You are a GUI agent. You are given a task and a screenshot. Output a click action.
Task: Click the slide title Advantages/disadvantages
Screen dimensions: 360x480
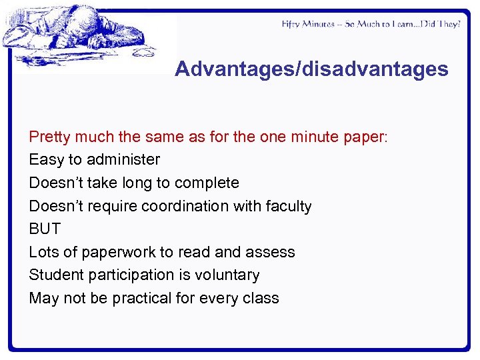point(311,69)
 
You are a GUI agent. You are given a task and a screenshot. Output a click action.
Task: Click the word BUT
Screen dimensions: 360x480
point(45,229)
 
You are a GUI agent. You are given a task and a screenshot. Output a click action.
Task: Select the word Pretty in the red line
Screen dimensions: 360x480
point(50,137)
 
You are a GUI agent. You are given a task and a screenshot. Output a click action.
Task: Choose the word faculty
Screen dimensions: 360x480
point(287,206)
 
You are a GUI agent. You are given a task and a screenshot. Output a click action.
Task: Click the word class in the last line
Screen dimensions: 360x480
point(261,298)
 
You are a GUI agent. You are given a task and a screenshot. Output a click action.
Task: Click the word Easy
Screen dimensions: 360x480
point(46,159)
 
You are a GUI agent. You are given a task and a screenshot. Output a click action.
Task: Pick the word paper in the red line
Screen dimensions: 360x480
point(365,137)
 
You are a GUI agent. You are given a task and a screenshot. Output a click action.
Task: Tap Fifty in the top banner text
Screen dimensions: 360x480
point(291,24)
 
